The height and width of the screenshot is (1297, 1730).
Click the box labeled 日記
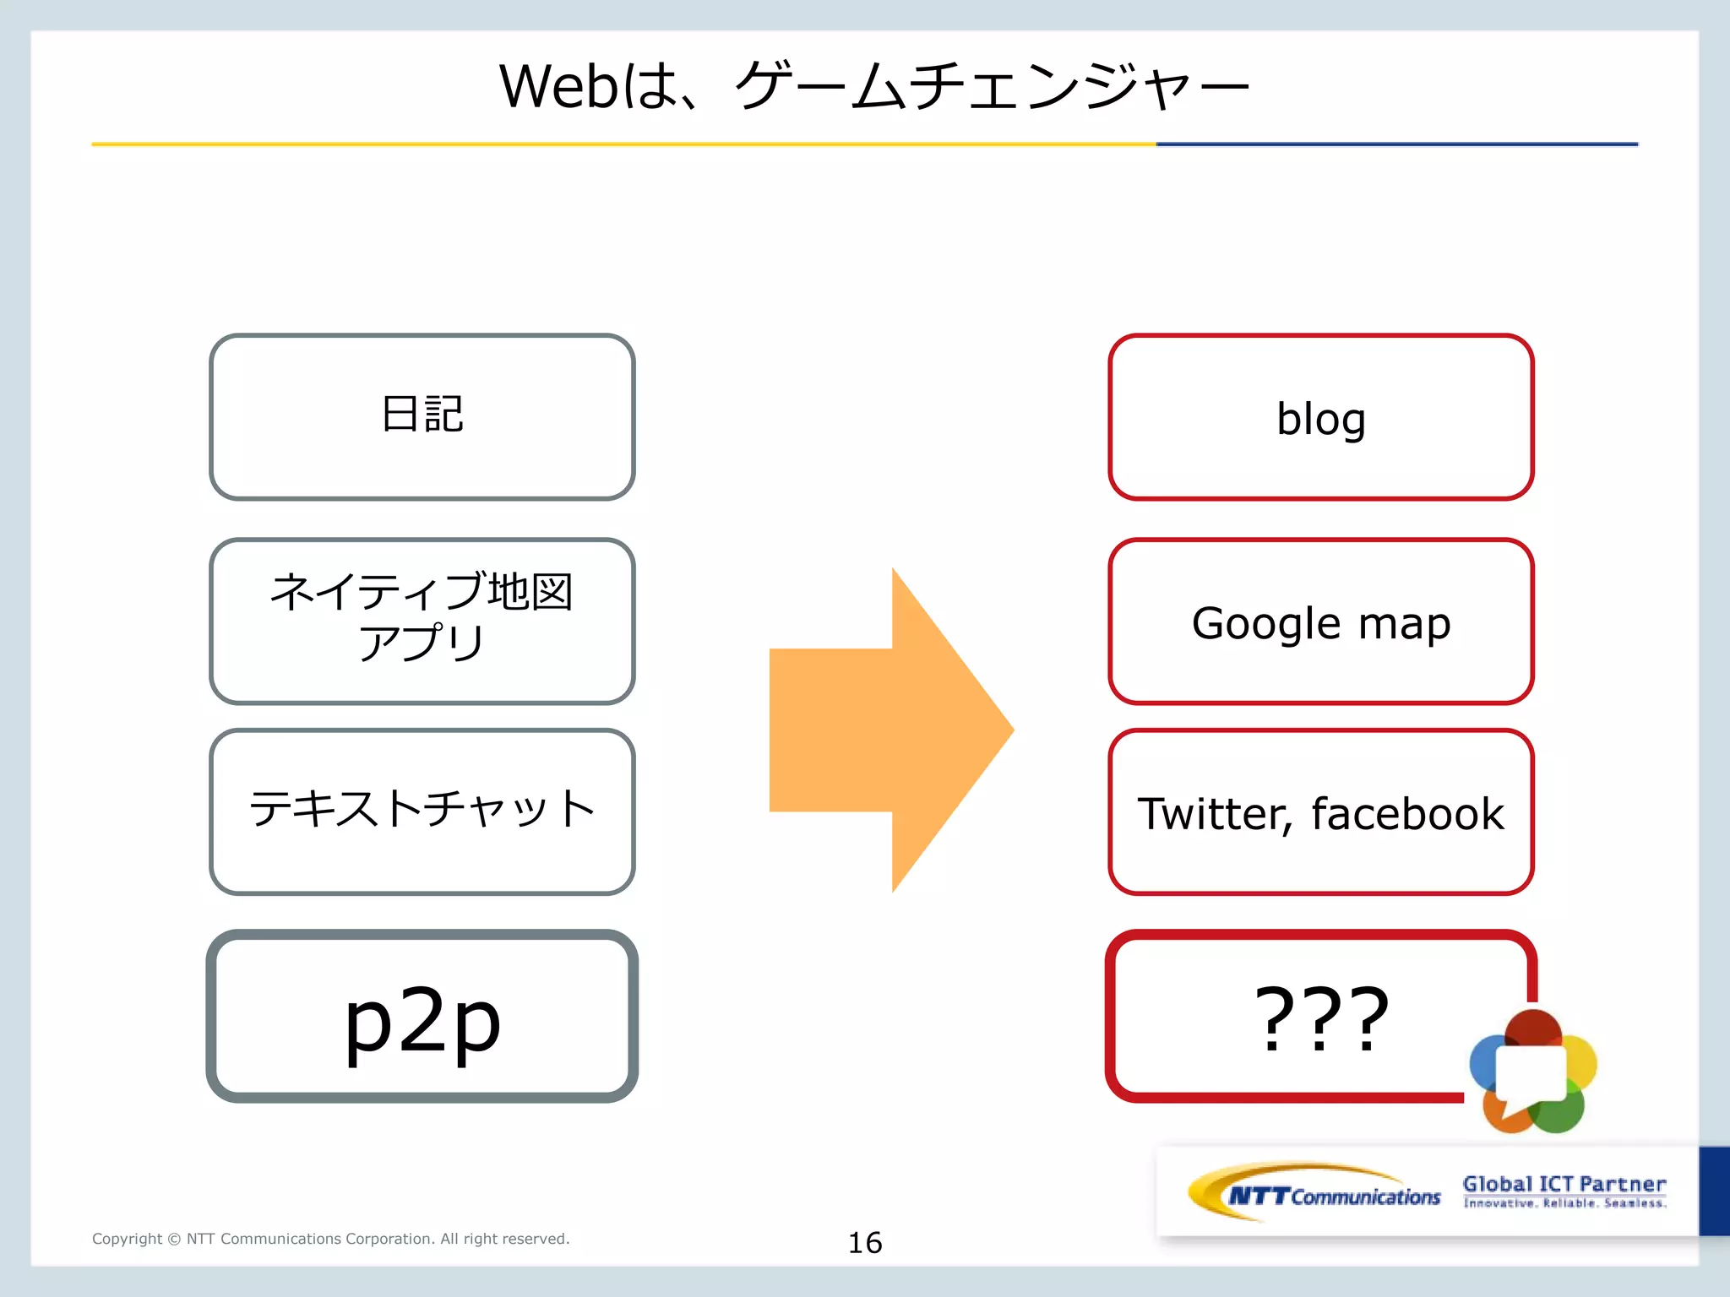[422, 416]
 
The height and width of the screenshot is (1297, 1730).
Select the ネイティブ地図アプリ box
[422, 621]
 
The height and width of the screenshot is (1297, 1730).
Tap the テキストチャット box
[422, 811]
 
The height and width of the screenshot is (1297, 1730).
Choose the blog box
[1320, 417]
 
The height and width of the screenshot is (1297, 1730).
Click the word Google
[1265, 624]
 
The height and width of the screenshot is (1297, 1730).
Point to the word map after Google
[1405, 624]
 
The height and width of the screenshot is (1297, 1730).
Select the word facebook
[1407, 814]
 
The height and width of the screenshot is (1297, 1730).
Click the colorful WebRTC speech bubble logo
[1532, 1071]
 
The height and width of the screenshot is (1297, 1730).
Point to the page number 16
[864, 1242]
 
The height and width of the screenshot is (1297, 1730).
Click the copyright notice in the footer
[330, 1239]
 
